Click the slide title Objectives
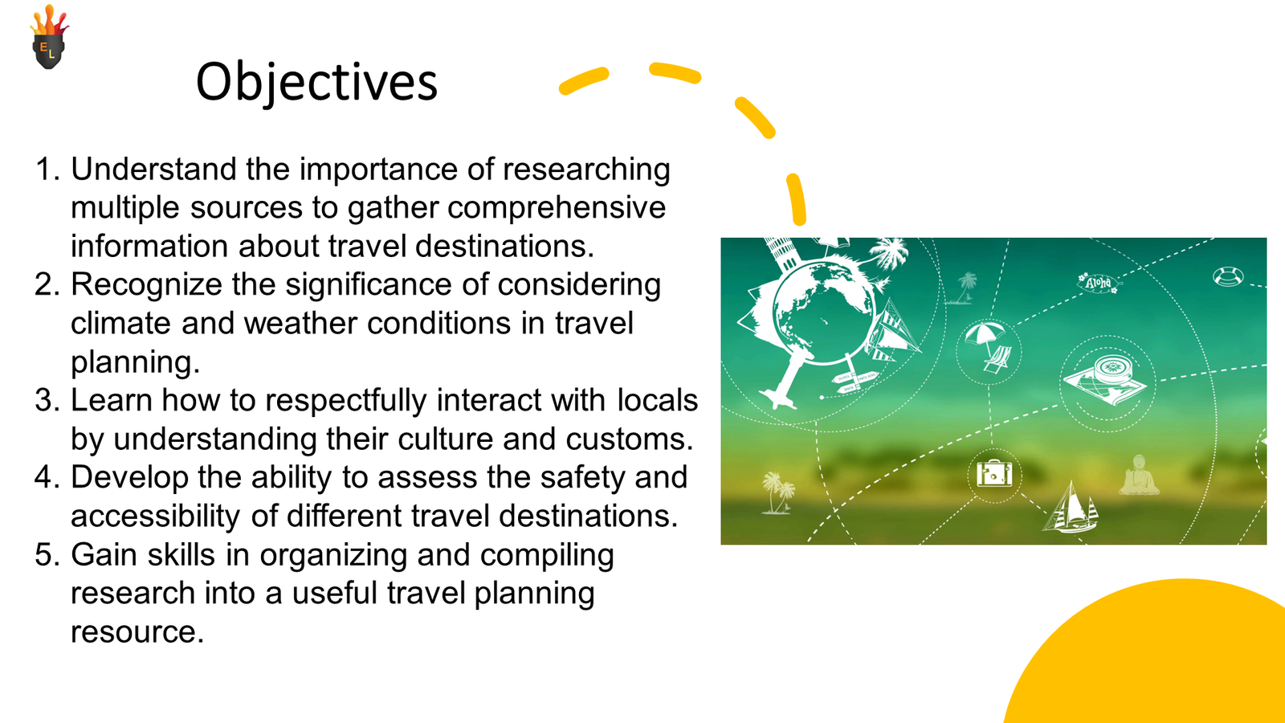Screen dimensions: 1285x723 coord(316,84)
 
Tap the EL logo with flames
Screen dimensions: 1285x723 coord(50,37)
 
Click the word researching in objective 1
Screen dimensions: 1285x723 coord(586,170)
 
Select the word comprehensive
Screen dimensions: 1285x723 coord(557,207)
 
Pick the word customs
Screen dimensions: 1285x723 coord(630,439)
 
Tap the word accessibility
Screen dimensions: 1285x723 coord(156,517)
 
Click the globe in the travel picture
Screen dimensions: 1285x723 coord(824,313)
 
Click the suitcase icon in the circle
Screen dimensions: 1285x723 coord(994,474)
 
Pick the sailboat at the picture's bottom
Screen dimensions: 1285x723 coord(1071,509)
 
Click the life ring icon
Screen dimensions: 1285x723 coord(1228,276)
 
